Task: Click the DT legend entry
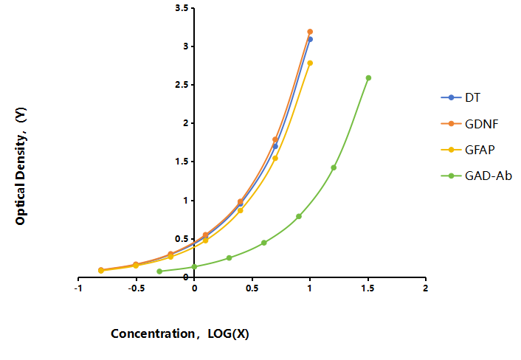click(x=460, y=97)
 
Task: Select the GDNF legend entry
click(x=469, y=124)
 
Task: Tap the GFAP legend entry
click(x=468, y=150)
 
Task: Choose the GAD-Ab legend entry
click(x=476, y=176)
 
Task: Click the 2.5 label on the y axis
click(x=182, y=85)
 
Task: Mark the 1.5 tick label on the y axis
click(x=182, y=162)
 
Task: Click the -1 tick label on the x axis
click(x=78, y=288)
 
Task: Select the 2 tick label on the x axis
click(x=425, y=288)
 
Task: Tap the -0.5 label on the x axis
click(x=136, y=288)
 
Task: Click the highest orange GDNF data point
click(x=310, y=32)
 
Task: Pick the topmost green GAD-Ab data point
click(x=368, y=78)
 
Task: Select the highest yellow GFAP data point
click(x=310, y=63)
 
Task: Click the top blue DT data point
click(x=310, y=40)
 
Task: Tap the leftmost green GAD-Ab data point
click(x=159, y=271)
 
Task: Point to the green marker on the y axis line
click(x=194, y=266)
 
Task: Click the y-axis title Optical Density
click(x=21, y=166)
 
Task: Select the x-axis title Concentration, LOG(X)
click(x=180, y=333)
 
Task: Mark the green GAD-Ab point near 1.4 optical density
click(x=334, y=167)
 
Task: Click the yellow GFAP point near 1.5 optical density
click(x=275, y=159)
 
